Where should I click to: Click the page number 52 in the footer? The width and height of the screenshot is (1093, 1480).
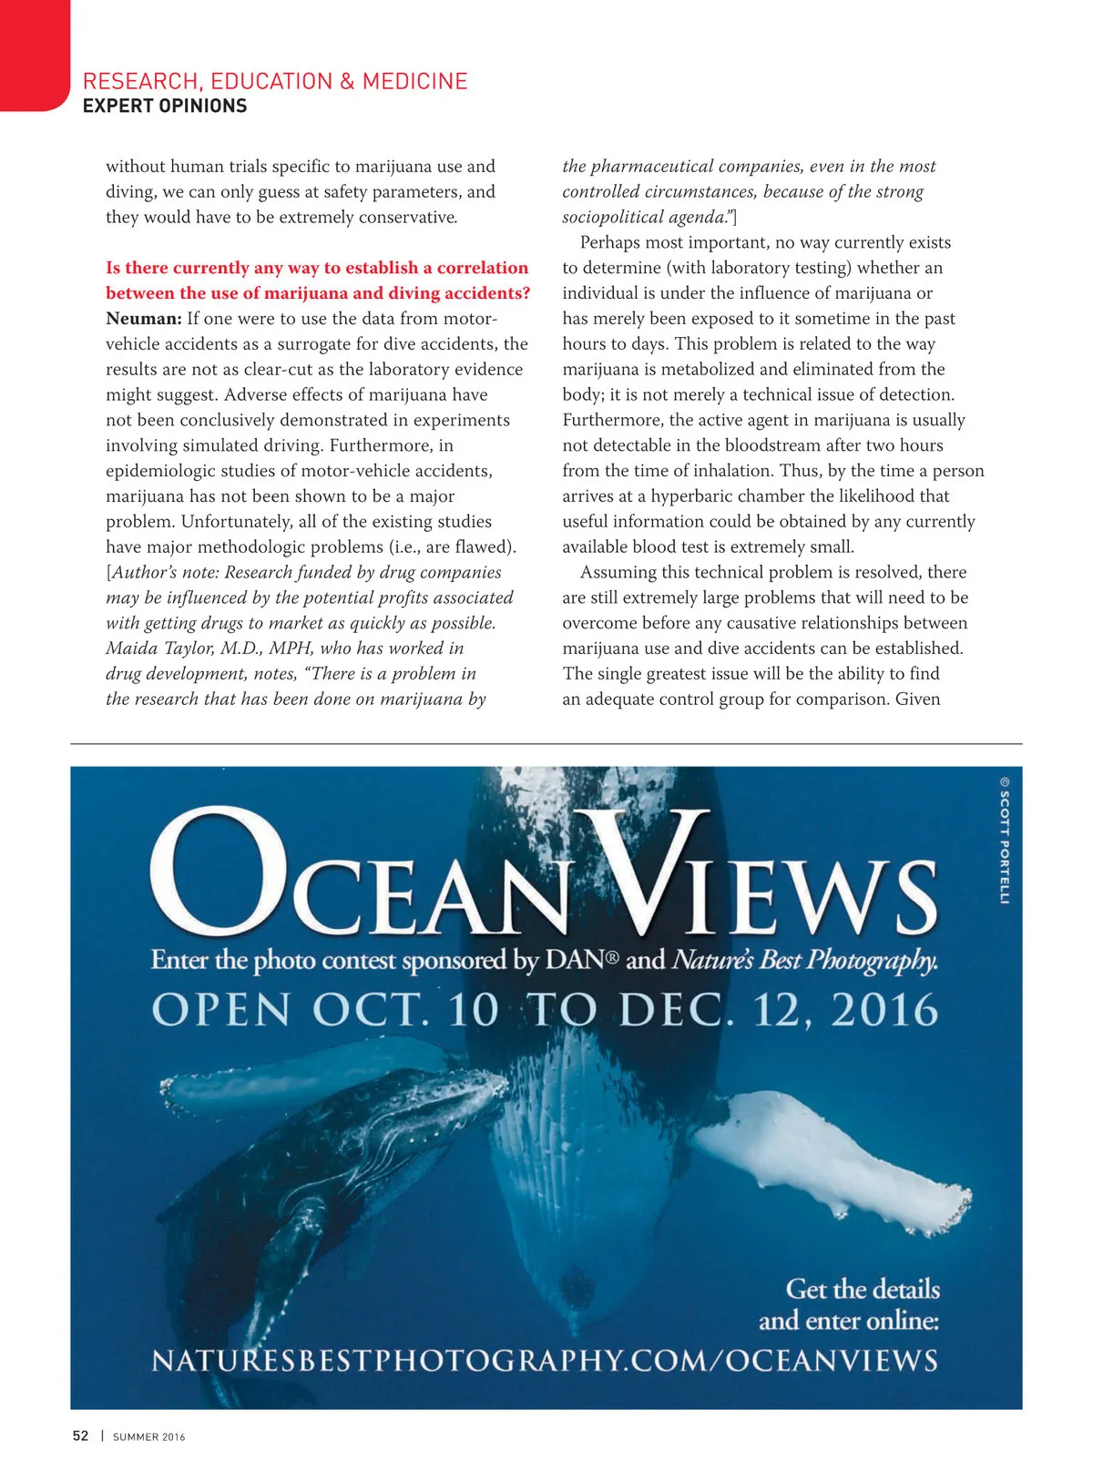coord(81,1436)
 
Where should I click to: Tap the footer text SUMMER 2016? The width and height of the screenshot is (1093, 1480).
coord(148,1437)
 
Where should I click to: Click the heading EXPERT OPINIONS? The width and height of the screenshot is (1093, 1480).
coord(165,107)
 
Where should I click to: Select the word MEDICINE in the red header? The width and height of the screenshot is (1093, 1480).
coord(414,81)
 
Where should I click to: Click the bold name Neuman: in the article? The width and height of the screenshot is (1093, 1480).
coord(143,319)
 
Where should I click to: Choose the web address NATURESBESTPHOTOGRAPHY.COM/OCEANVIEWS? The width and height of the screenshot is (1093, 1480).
coord(545,1361)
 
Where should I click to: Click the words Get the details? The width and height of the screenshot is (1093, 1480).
coord(863,1289)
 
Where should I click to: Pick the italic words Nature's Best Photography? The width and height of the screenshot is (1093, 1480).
coord(804,960)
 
